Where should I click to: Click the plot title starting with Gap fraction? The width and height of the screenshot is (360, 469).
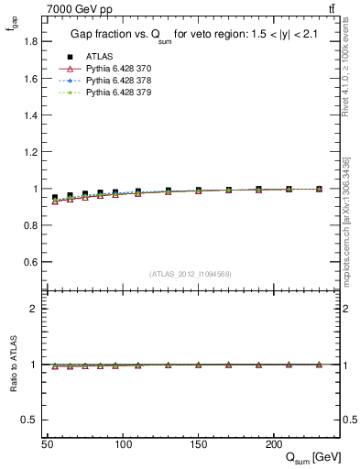coord(191,35)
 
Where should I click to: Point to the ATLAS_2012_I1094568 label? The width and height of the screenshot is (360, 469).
coord(191,274)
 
